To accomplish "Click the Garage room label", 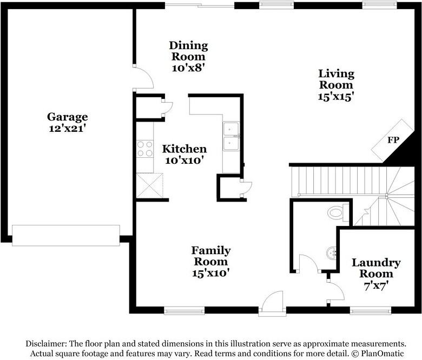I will pos(67,117).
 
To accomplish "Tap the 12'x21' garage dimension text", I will pos(67,129).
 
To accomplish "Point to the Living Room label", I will pos(335,79).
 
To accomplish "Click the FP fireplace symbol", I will pos(393,140).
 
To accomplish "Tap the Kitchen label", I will pos(184,149).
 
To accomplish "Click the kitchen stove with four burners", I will pos(145,149).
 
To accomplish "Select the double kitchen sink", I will pos(232,137).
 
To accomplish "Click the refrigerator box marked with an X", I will pos(149,185).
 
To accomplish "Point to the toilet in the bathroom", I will pos(338,212).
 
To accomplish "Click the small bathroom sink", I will pos(333,252).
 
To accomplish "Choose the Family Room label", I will pos(210,256).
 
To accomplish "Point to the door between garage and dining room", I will pos(142,77).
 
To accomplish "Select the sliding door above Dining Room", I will pos(200,5).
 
